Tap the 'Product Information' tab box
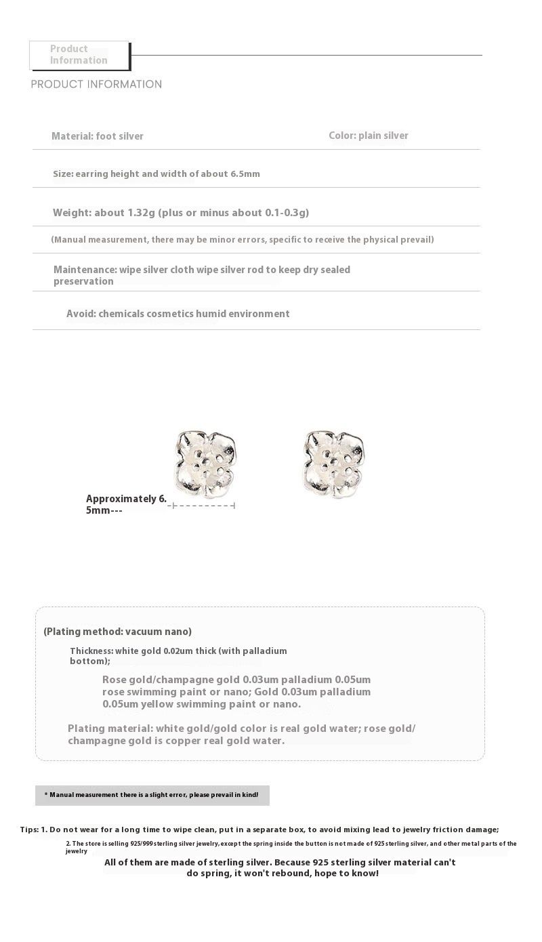tap(79, 55)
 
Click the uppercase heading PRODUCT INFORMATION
tap(96, 85)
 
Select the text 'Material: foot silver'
tap(98, 136)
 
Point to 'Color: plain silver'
tap(369, 136)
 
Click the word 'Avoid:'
tap(81, 314)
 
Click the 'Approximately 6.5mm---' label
tap(125, 504)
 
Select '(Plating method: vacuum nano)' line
tap(117, 632)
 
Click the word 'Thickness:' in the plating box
tap(91, 651)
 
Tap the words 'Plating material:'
tap(110, 729)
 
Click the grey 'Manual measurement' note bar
tap(152, 795)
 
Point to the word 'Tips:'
tap(29, 830)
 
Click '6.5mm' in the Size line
tap(245, 174)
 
